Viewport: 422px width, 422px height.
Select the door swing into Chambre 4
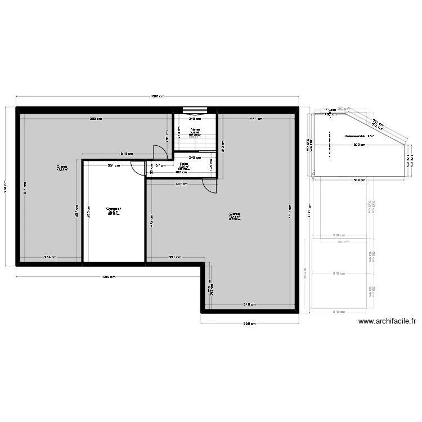point(136,168)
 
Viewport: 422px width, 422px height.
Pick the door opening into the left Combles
point(160,150)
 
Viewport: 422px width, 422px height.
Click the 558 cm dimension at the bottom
point(249,324)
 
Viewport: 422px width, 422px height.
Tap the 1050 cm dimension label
point(108,276)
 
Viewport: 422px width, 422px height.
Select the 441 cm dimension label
point(256,119)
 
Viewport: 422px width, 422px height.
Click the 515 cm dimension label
point(126,154)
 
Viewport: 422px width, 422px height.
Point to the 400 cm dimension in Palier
point(181,172)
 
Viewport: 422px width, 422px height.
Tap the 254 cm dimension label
point(51,258)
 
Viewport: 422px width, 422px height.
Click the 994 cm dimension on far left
point(6,186)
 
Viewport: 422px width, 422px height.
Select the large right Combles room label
point(235,216)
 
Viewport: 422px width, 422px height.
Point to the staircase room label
point(195,131)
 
